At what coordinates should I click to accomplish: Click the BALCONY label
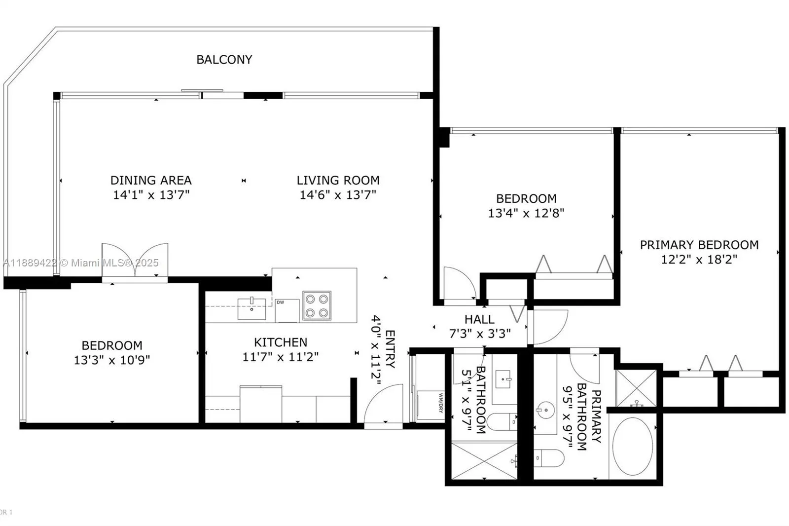tap(224, 60)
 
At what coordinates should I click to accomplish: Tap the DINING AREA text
tap(151, 180)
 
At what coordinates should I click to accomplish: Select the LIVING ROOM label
tap(338, 180)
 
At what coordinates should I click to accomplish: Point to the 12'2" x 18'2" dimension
tap(699, 260)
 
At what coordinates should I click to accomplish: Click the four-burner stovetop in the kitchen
tap(317, 305)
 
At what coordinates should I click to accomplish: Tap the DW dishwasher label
tap(281, 302)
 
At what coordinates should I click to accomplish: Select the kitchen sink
tap(252, 308)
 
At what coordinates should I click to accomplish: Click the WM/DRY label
tap(440, 403)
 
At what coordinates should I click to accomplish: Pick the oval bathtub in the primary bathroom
tap(633, 447)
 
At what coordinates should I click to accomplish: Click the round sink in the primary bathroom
tap(545, 410)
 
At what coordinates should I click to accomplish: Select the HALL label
tap(479, 319)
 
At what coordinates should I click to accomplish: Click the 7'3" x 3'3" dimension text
tap(480, 333)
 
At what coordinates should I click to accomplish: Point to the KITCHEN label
tap(281, 342)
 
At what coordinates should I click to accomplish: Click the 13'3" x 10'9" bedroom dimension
tap(111, 360)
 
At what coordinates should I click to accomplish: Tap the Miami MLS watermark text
tap(81, 263)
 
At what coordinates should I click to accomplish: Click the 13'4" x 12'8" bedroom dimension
tap(526, 213)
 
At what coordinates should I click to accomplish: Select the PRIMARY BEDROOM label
tap(699, 245)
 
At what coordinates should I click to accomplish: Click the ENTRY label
tap(390, 349)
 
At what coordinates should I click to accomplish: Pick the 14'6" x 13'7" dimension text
tap(338, 194)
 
